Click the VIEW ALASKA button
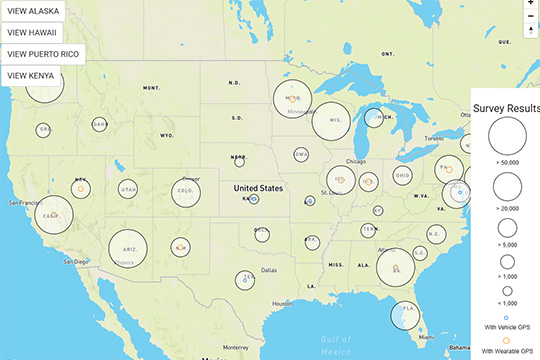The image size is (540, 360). click(32, 12)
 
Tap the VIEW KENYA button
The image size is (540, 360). click(30, 74)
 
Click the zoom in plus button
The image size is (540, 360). click(531, 4)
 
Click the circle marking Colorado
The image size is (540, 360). click(185, 191)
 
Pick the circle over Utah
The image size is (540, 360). click(128, 190)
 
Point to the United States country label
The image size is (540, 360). click(258, 188)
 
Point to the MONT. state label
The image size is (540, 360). click(152, 88)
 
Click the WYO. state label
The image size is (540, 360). click(166, 134)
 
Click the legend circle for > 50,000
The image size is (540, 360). click(508, 135)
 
